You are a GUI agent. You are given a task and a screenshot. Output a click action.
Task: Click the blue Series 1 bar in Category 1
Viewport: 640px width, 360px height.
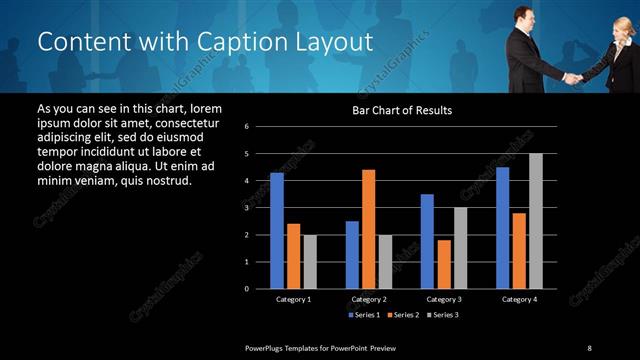pyautogui.click(x=277, y=231)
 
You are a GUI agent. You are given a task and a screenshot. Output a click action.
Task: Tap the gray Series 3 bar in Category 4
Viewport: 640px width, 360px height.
pyautogui.click(x=536, y=221)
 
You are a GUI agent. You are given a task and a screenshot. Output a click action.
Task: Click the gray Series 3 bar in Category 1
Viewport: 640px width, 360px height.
pyautogui.click(x=310, y=261)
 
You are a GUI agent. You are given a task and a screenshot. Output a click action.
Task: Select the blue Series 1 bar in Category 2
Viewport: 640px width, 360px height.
pyautogui.click(x=352, y=254)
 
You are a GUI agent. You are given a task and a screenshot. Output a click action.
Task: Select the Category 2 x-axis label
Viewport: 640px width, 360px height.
pyautogui.click(x=369, y=299)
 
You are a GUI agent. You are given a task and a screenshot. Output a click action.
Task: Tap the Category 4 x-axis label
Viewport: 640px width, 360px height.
pyautogui.click(x=519, y=299)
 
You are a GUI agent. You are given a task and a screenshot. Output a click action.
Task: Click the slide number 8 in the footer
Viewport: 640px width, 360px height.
pyautogui.click(x=589, y=347)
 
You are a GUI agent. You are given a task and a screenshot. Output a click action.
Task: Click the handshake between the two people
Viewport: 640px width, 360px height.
pyautogui.click(x=571, y=76)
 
